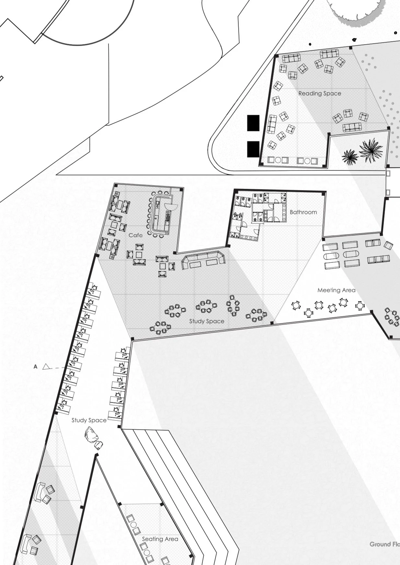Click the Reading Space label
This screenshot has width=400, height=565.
click(x=320, y=94)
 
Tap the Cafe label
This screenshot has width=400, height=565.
click(x=135, y=235)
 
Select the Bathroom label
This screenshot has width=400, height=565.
click(x=303, y=212)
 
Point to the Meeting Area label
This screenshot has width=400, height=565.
click(x=336, y=290)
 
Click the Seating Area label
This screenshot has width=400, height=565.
click(x=160, y=539)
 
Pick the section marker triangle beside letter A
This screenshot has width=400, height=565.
click(x=47, y=367)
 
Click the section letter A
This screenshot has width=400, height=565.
click(x=36, y=367)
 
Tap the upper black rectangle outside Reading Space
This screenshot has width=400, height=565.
click(x=253, y=123)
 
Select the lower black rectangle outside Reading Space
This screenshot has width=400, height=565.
click(x=253, y=149)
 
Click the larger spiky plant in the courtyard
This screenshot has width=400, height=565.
click(x=371, y=150)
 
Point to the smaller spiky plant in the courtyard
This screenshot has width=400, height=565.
click(x=350, y=157)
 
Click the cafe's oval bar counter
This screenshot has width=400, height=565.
click(x=159, y=214)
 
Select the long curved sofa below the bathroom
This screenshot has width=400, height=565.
click(x=203, y=260)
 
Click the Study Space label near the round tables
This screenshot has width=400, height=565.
click(x=207, y=321)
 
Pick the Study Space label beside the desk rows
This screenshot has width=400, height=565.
click(x=89, y=420)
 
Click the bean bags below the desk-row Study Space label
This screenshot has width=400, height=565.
click(x=93, y=438)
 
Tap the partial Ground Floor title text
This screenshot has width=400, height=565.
click(x=385, y=544)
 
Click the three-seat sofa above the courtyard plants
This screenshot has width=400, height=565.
click(x=352, y=127)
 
